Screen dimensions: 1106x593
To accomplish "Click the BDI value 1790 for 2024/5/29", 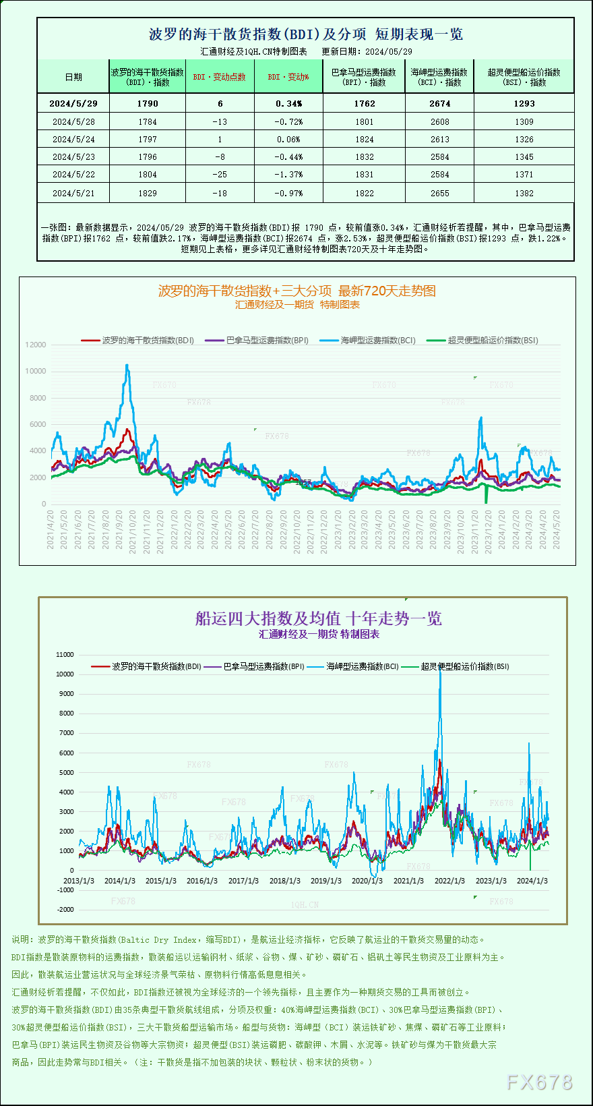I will pyautogui.click(x=147, y=103).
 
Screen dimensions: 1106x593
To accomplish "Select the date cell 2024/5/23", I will pyautogui.click(x=73, y=156).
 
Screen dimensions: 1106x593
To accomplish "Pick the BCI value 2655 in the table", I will pyautogui.click(x=439, y=193).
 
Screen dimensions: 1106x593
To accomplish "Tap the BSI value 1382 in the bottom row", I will pyautogui.click(x=524, y=193).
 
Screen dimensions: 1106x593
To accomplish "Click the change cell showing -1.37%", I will pyautogui.click(x=288, y=174).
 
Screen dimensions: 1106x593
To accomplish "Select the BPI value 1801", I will pyautogui.click(x=364, y=121).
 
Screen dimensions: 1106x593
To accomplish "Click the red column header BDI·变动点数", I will pyautogui.click(x=220, y=77).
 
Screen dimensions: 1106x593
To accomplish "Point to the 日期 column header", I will pyautogui.click(x=73, y=77).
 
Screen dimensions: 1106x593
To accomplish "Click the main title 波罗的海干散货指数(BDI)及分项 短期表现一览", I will pyautogui.click(x=305, y=34).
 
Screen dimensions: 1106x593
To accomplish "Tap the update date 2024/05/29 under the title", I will pyautogui.click(x=389, y=51).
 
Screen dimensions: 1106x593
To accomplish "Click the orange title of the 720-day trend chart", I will pyautogui.click(x=296, y=291).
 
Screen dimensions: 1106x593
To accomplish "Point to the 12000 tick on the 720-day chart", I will pyautogui.click(x=36, y=345).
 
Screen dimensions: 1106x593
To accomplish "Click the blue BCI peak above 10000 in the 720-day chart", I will pyautogui.click(x=127, y=366).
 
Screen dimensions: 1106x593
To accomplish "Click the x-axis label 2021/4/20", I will pyautogui.click(x=51, y=529).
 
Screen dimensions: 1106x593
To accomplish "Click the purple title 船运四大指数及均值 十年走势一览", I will pyautogui.click(x=318, y=618).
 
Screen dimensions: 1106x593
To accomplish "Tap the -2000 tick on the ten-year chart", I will pyautogui.click(x=65, y=909).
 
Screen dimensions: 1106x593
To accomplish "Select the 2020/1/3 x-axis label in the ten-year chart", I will pyautogui.click(x=367, y=881).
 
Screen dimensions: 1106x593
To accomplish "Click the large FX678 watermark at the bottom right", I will pyautogui.click(x=539, y=1082).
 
